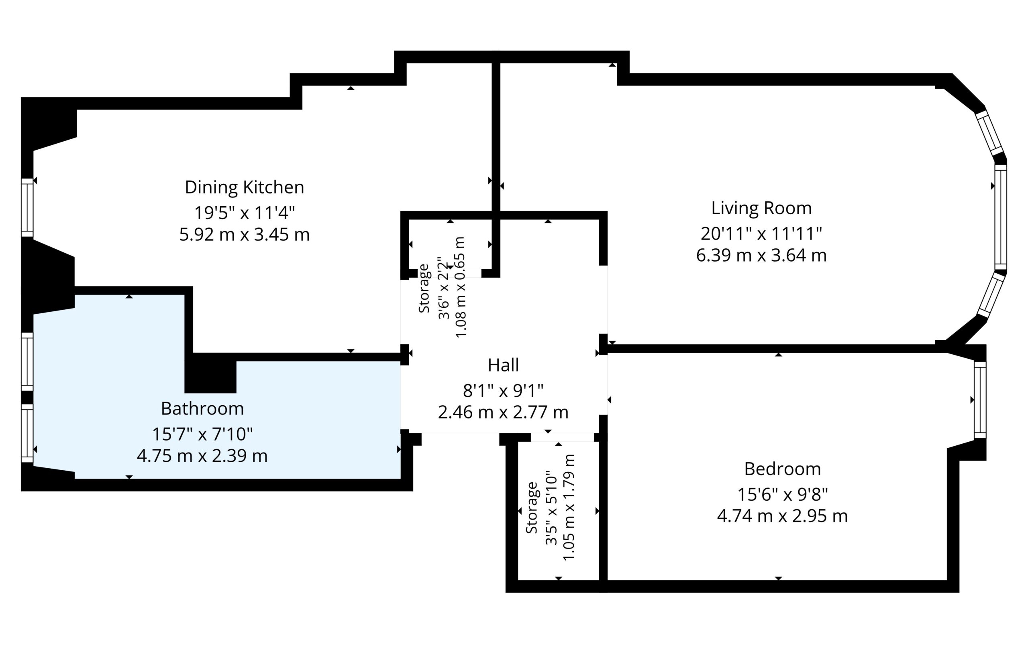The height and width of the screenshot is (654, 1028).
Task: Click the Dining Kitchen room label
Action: coord(244,188)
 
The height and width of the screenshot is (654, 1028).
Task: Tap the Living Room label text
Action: coord(761,208)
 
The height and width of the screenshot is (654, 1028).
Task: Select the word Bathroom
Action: coord(202,409)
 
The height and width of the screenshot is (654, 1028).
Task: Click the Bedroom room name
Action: coord(783,469)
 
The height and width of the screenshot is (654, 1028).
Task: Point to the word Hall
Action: coord(503,365)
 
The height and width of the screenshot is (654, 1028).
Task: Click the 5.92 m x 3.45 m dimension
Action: coord(244,235)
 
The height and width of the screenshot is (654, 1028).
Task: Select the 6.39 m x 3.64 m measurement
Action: coord(761,255)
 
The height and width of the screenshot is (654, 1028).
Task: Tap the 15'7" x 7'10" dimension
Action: coord(202,434)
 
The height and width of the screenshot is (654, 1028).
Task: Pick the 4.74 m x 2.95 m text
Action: coord(783,516)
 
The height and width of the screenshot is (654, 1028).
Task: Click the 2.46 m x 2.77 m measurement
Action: coord(503,412)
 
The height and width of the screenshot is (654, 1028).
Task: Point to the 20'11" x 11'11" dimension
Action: coord(761,234)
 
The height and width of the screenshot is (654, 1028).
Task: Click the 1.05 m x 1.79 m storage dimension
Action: coord(569,508)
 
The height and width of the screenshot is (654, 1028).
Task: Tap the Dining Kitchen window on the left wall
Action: coord(27,208)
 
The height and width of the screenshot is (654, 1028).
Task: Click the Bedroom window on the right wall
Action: coord(980,400)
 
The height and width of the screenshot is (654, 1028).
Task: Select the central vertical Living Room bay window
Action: coord(1001,217)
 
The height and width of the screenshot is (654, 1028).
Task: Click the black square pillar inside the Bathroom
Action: coord(210,373)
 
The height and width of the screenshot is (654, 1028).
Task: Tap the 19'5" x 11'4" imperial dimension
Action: coord(245,213)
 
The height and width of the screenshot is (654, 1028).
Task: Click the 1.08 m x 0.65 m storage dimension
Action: coord(460,287)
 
